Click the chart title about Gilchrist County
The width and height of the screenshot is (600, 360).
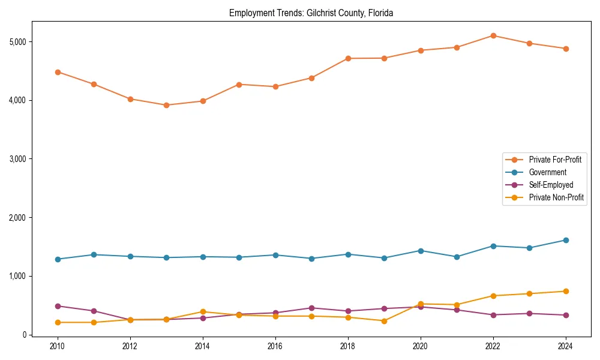[x=311, y=13]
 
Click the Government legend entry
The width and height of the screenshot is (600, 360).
[x=547, y=172]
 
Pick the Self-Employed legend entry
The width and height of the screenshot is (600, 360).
[x=551, y=185]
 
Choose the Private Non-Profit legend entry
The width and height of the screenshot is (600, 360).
[x=556, y=197]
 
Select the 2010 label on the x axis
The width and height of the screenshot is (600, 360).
[x=58, y=346]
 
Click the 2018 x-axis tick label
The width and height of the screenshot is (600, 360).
[x=348, y=346]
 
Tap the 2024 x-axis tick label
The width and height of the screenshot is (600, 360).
[x=565, y=346]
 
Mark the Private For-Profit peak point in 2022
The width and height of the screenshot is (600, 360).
[x=493, y=35]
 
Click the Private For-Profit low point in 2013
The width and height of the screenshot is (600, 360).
[x=166, y=105]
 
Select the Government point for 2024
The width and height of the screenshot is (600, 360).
[x=565, y=240]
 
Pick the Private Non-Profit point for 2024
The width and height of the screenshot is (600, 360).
[x=565, y=291]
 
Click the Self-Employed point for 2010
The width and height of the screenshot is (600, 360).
[x=58, y=306]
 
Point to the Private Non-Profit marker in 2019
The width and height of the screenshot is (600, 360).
[x=384, y=321]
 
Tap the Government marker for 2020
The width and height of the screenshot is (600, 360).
[x=421, y=251]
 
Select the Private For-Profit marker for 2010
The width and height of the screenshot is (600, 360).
[x=58, y=72]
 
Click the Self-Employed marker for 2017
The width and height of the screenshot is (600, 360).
[x=311, y=308]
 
